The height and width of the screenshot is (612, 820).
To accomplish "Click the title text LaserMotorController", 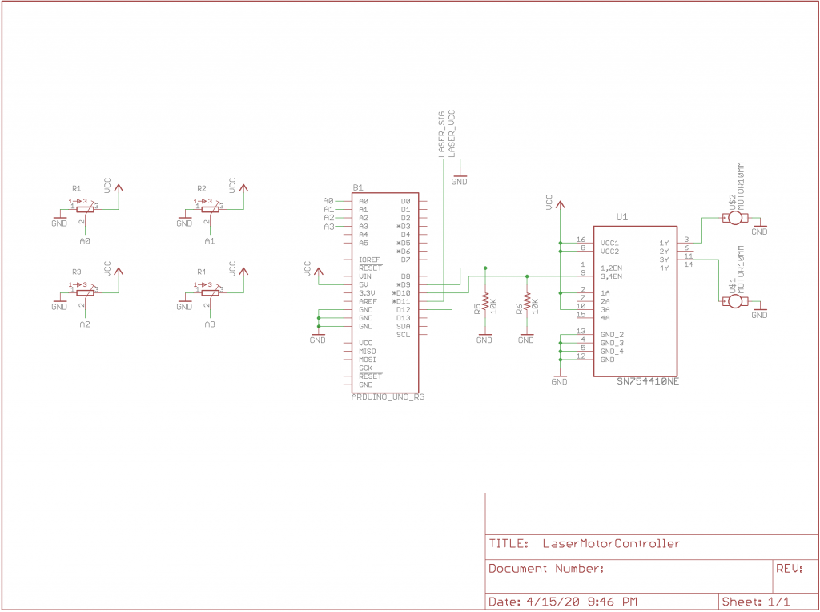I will [611, 543].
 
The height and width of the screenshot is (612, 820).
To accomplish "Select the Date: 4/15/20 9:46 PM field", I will [562, 601].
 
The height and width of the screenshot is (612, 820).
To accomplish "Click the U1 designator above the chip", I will [621, 216].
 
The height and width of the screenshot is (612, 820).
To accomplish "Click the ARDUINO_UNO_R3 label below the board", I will [388, 397].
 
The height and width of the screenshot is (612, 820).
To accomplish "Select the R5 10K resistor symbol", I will [484, 306].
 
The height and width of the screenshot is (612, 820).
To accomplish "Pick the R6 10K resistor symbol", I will [526, 306].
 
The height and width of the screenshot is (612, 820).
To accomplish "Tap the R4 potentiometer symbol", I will [209, 292].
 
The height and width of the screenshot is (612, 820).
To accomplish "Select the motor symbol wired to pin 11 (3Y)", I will [734, 300].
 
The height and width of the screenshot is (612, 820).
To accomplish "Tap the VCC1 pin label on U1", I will [609, 242].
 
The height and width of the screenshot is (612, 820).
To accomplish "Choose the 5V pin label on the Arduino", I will [364, 284].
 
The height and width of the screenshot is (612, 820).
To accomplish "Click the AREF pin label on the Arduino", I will [367, 301].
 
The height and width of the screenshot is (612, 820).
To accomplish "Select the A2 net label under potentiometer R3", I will [85, 324].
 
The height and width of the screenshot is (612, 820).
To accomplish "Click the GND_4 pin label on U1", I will [611, 351].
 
